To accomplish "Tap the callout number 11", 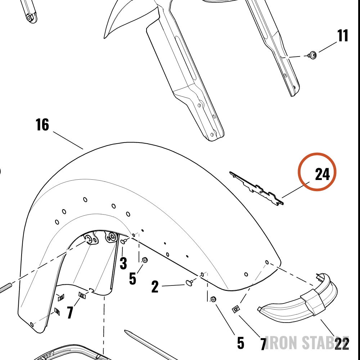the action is tap(342, 35).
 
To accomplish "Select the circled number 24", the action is tap(322, 174).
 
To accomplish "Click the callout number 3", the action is tap(123, 263).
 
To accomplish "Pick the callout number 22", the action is tap(342, 344).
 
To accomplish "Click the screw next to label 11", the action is tap(312, 55).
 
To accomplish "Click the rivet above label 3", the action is tap(124, 241).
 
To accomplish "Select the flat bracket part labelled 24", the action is tap(257, 188).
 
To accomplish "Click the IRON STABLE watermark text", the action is tap(307, 343).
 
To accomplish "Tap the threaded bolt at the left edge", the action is tap(5, 288).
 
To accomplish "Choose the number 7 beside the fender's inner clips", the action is tap(70, 312).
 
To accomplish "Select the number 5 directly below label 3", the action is tap(132, 279).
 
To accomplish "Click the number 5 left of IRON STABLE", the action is tap(240, 343).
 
